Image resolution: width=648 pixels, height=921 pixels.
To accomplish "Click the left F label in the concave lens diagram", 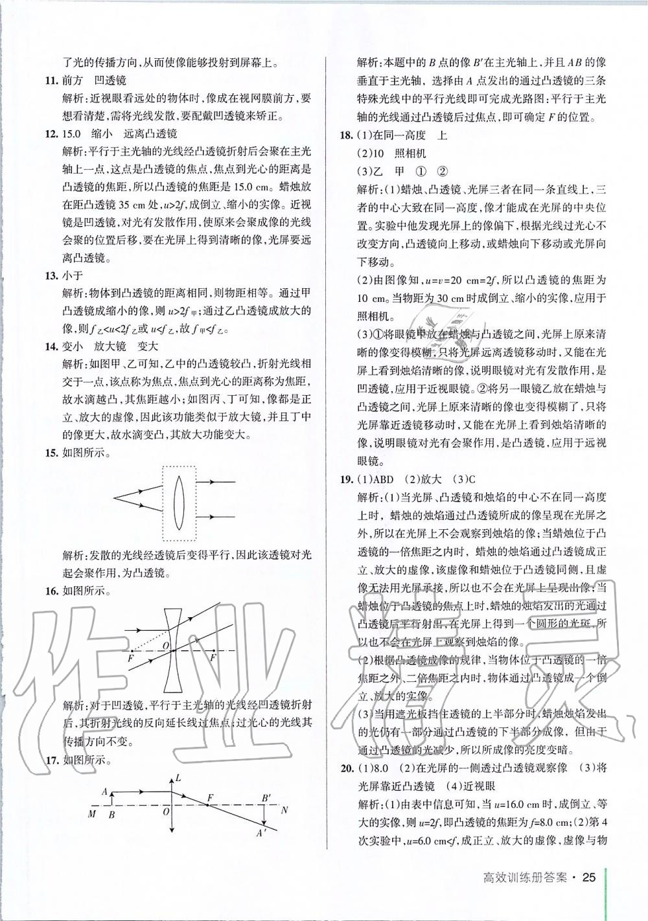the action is (132, 658).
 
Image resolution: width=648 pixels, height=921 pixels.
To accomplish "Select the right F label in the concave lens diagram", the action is (213, 658).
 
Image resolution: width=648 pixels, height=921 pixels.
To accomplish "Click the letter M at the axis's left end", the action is (92, 814).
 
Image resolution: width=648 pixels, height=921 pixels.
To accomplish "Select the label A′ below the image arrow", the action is (262, 834).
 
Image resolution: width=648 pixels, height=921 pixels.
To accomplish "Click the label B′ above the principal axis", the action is (266, 797).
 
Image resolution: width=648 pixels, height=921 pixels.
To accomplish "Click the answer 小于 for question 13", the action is (73, 275).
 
